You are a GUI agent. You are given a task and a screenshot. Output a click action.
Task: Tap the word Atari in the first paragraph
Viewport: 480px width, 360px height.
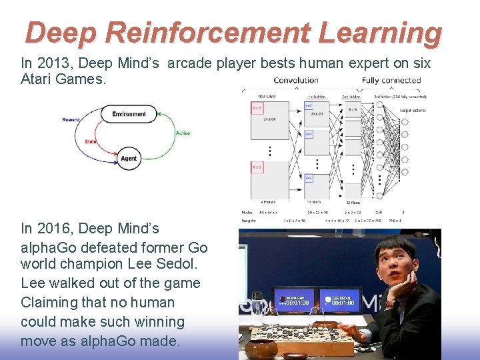click(x=39, y=79)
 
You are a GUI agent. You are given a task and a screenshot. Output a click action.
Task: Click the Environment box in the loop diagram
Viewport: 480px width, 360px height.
click(x=129, y=114)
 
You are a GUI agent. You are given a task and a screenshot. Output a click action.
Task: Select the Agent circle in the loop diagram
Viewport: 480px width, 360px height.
click(x=129, y=159)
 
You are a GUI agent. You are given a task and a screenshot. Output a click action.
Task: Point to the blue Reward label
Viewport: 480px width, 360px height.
click(x=71, y=120)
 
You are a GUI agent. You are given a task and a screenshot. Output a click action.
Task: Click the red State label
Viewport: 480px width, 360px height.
click(x=90, y=141)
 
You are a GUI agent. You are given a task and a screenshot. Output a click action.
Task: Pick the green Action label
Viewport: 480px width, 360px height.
click(x=183, y=133)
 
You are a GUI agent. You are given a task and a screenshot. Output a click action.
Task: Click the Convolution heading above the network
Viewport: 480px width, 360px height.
click(x=296, y=81)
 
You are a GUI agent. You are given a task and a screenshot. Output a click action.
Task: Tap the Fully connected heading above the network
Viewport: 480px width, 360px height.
click(x=391, y=81)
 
